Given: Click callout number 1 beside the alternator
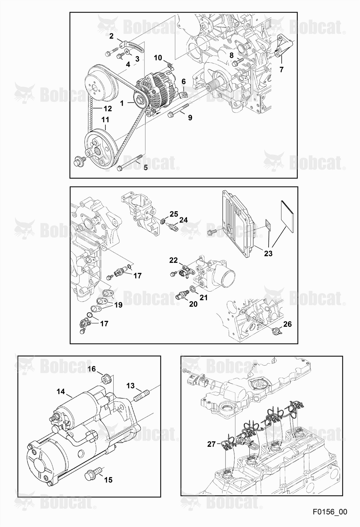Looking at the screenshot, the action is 122,104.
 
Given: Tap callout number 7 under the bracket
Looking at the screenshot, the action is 281,70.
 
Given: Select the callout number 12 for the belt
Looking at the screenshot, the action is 108,109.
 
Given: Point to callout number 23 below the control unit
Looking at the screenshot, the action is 268,253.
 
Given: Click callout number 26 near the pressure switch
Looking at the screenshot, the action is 287,324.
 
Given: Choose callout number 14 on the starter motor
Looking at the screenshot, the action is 61,392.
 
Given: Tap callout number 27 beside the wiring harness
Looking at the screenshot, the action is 212,444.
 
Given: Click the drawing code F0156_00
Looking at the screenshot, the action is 330,512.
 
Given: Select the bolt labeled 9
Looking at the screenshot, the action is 178,110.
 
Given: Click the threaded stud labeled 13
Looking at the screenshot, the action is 142,395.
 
